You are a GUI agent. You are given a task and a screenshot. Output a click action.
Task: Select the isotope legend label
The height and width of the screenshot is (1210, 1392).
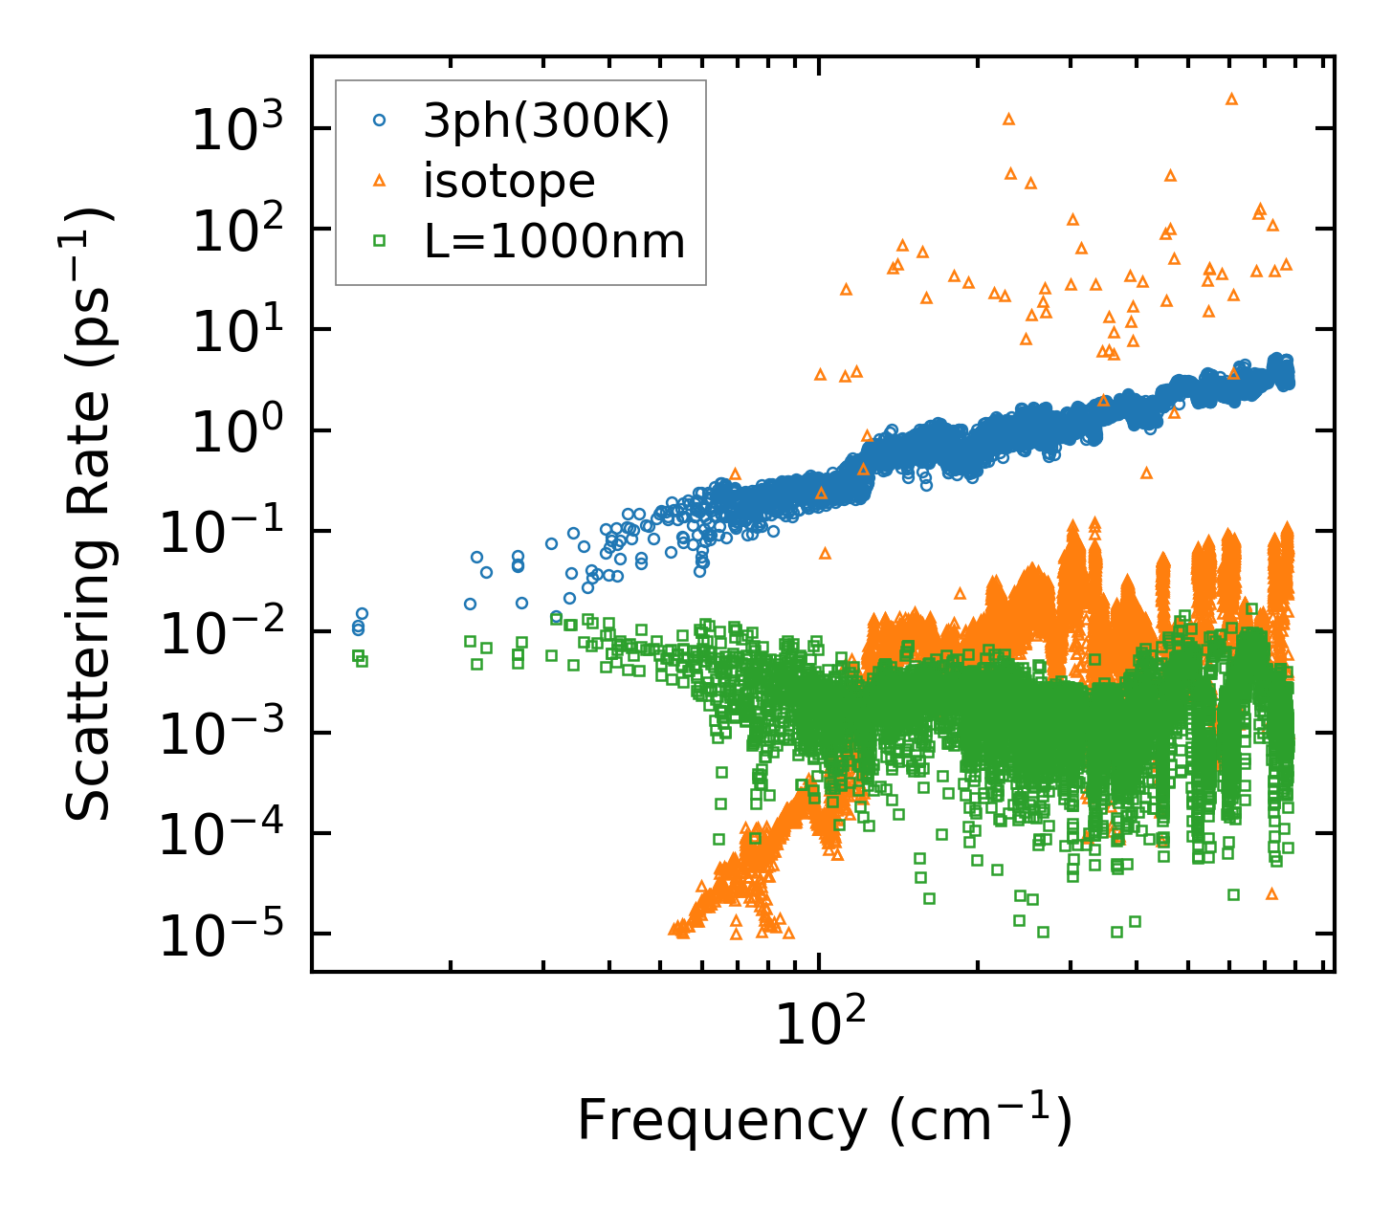509,181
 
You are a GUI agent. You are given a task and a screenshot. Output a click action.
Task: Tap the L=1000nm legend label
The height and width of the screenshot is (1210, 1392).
555,242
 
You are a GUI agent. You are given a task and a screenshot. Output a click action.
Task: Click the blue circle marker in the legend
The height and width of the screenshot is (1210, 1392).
380,121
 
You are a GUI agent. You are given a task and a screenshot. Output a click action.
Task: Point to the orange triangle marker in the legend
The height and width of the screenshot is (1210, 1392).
380,181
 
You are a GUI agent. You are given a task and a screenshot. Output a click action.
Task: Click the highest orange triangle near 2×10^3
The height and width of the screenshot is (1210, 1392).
1231,99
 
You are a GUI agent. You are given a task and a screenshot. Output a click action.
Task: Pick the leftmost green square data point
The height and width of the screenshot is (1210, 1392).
358,655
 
